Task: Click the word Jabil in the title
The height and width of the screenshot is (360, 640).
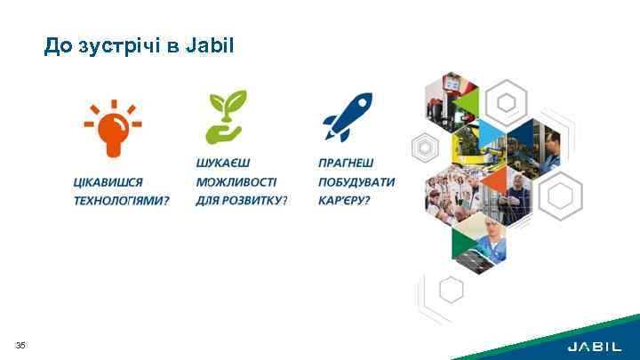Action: click(210, 44)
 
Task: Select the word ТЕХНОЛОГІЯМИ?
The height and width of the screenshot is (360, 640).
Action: click(121, 201)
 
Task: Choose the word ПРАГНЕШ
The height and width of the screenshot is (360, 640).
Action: click(346, 164)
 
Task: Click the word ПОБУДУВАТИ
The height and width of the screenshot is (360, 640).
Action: click(356, 182)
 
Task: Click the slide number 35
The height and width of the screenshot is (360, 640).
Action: click(20, 345)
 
